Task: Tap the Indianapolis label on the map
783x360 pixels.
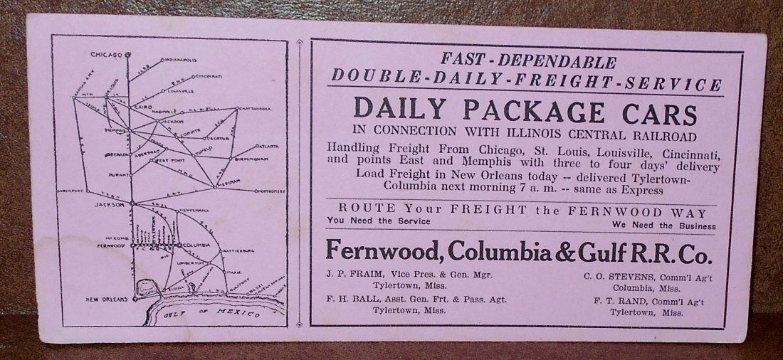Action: tap(182, 60)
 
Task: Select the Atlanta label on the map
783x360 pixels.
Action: tap(266, 146)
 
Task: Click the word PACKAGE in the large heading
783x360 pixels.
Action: tap(522, 110)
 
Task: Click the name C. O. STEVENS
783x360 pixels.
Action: tap(613, 273)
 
